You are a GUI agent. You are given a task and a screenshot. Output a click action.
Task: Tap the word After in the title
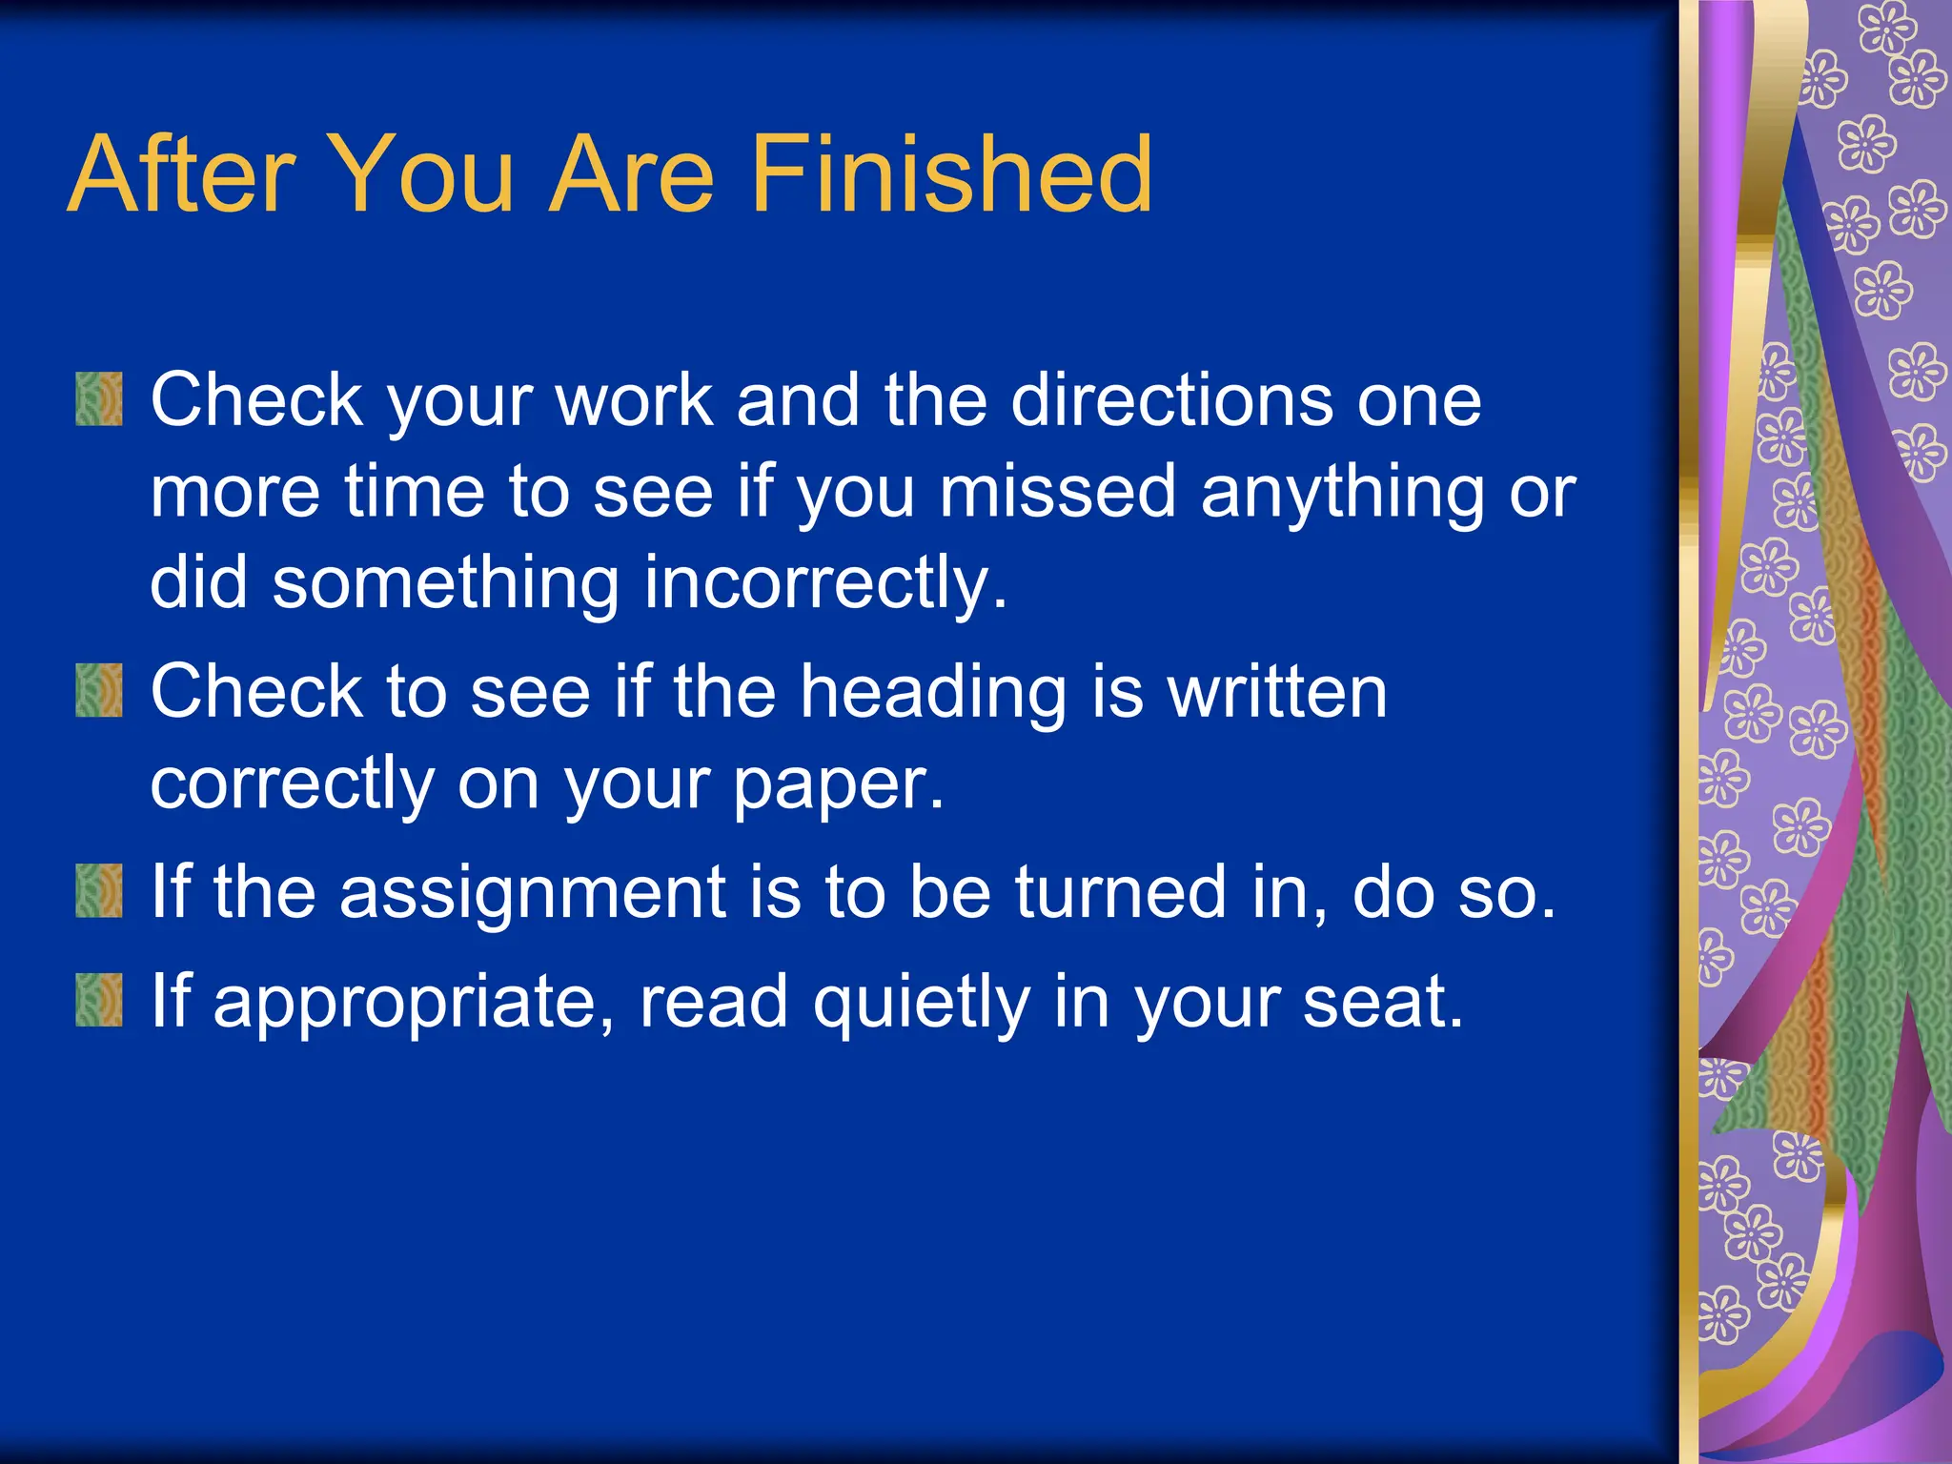(x=182, y=174)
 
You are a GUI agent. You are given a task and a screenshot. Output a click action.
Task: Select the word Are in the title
(x=633, y=174)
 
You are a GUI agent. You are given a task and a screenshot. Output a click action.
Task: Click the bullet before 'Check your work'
(x=99, y=399)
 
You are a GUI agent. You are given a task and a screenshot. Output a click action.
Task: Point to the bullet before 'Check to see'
(x=99, y=691)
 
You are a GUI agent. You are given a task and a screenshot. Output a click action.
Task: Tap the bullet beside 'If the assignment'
(x=99, y=891)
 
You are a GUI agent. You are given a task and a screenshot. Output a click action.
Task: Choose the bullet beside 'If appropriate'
(x=99, y=1000)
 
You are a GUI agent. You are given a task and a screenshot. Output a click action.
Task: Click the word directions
(x=1171, y=399)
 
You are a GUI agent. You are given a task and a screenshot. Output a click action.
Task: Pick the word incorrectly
(x=824, y=583)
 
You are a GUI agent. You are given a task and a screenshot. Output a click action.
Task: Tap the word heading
(x=932, y=693)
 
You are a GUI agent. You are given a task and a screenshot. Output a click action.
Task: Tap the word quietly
(x=921, y=1003)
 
